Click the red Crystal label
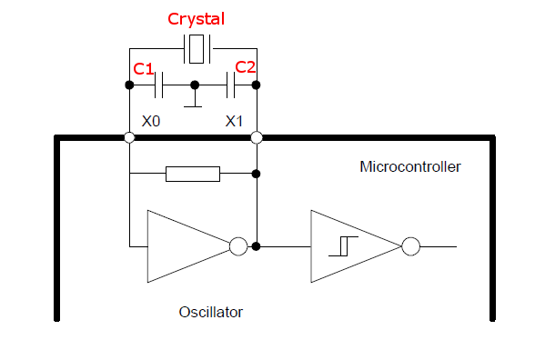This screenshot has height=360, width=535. point(197,19)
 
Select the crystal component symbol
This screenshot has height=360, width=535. point(197,48)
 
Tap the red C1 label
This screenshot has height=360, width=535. point(143,69)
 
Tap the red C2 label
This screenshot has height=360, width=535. point(246,67)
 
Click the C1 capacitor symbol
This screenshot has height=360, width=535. point(159,85)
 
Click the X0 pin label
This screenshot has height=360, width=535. point(151,120)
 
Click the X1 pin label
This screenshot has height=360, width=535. point(235,120)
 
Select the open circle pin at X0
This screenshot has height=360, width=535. point(130,138)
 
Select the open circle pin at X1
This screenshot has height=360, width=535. point(257,138)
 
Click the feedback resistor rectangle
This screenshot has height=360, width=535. point(193,174)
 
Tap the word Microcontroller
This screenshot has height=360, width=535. point(410,166)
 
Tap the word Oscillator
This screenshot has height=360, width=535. point(211,312)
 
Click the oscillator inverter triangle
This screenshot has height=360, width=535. point(182,246)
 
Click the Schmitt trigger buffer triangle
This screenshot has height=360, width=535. point(350,246)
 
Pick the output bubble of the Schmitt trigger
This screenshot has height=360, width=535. point(410,246)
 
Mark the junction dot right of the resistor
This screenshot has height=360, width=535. point(257,174)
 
